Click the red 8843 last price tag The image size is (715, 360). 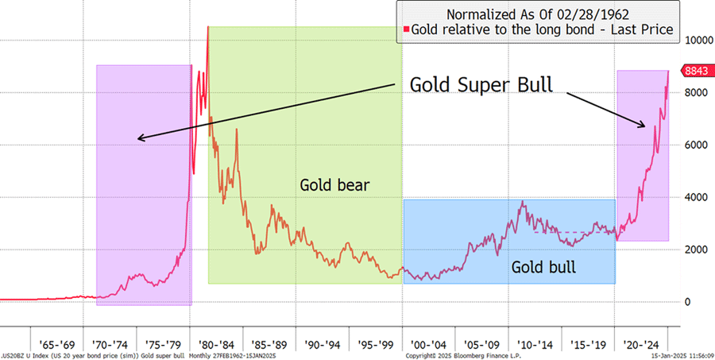[x=697, y=71]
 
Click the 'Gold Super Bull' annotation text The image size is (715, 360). [x=480, y=85]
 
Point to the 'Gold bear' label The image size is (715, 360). [x=335, y=186]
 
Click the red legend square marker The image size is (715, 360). [x=405, y=29]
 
